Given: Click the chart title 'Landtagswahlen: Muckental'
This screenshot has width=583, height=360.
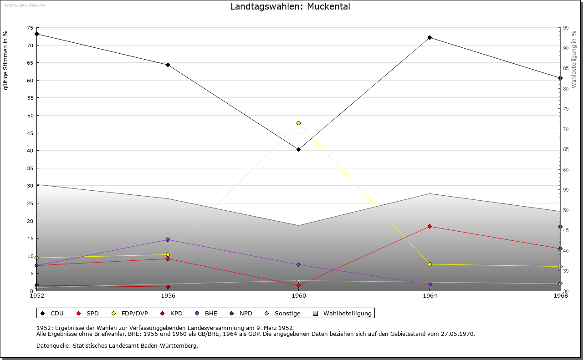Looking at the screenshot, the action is pyautogui.click(x=290, y=6).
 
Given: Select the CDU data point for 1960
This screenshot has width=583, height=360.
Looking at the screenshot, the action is pyautogui.click(x=298, y=150).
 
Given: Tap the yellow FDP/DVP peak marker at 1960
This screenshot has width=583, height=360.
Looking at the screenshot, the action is pyautogui.click(x=298, y=123).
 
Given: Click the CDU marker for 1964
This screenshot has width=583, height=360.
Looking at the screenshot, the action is pyautogui.click(x=430, y=38).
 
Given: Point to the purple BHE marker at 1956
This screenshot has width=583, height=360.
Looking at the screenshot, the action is pyautogui.click(x=168, y=239).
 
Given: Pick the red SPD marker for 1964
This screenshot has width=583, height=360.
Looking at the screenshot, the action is pyautogui.click(x=430, y=227).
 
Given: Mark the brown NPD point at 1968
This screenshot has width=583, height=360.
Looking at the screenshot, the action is pyautogui.click(x=560, y=227).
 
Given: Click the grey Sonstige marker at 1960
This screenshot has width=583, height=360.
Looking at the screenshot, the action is pyautogui.click(x=298, y=281).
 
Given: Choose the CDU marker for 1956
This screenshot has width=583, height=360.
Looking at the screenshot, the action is pyautogui.click(x=168, y=65).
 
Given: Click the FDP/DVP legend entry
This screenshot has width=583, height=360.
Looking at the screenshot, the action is pyautogui.click(x=130, y=313).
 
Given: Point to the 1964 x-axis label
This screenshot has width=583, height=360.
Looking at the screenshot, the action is pyautogui.click(x=430, y=296).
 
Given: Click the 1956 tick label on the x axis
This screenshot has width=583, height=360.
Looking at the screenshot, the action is pyautogui.click(x=168, y=296).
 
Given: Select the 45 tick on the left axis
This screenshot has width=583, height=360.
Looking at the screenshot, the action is pyautogui.click(x=31, y=133).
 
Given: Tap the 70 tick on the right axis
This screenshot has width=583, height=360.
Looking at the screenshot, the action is pyautogui.click(x=566, y=129).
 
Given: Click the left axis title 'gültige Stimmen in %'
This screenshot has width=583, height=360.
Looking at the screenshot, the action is pyautogui.click(x=5, y=61).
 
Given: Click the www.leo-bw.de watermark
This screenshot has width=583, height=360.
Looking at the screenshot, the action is pyautogui.click(x=25, y=5).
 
